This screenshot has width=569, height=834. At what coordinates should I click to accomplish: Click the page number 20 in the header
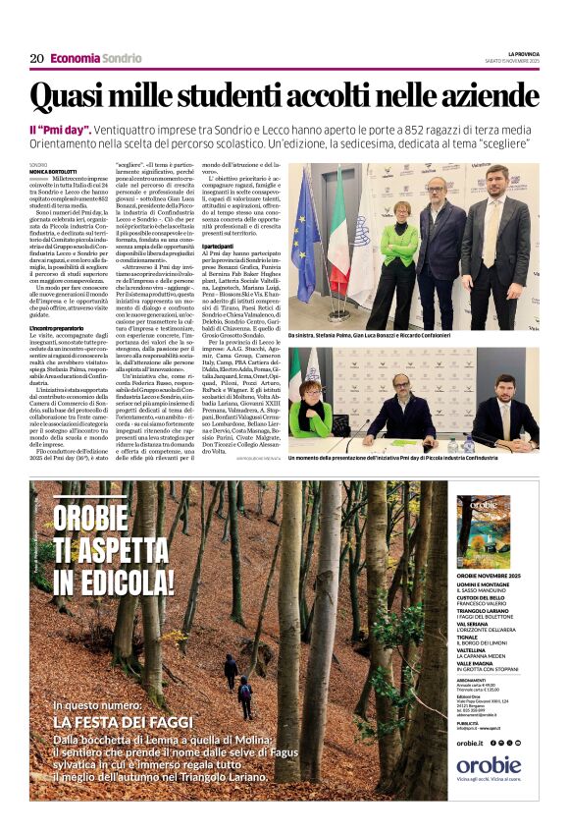coord(35,58)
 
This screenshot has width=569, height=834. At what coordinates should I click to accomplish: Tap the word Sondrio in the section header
coord(122,58)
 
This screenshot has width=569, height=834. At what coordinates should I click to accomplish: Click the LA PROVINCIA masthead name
coord(523,53)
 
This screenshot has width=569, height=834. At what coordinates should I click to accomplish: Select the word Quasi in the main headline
coord(72,97)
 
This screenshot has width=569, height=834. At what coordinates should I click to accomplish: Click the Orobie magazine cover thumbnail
coord(482,531)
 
